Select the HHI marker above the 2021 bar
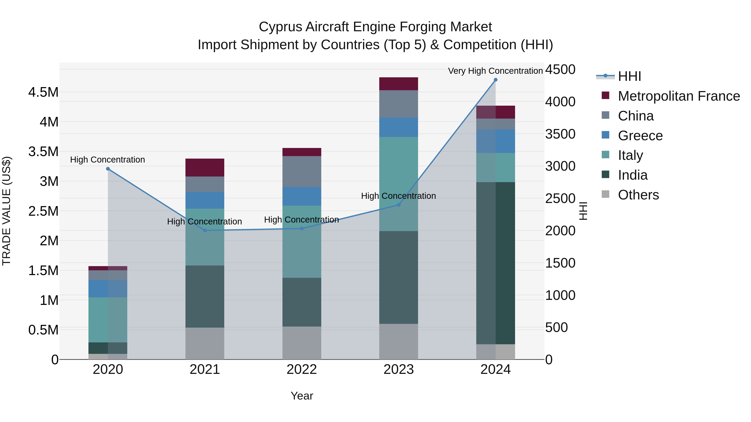tap(205, 230)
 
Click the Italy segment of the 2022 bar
tap(302, 242)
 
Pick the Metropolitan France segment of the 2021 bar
tap(205, 168)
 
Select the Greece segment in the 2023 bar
tap(398, 127)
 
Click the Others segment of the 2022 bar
tap(302, 343)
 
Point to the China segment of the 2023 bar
tap(398, 104)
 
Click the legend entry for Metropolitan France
tap(678, 96)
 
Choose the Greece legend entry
tap(640, 136)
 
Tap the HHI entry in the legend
tap(629, 76)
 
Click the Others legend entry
tap(638, 195)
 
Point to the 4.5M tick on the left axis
tap(43, 92)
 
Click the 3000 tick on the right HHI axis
tap(560, 166)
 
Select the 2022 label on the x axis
tap(302, 369)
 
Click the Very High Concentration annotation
tap(495, 71)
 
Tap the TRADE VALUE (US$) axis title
tap(7, 211)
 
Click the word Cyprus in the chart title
tap(280, 27)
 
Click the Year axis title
tap(302, 396)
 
